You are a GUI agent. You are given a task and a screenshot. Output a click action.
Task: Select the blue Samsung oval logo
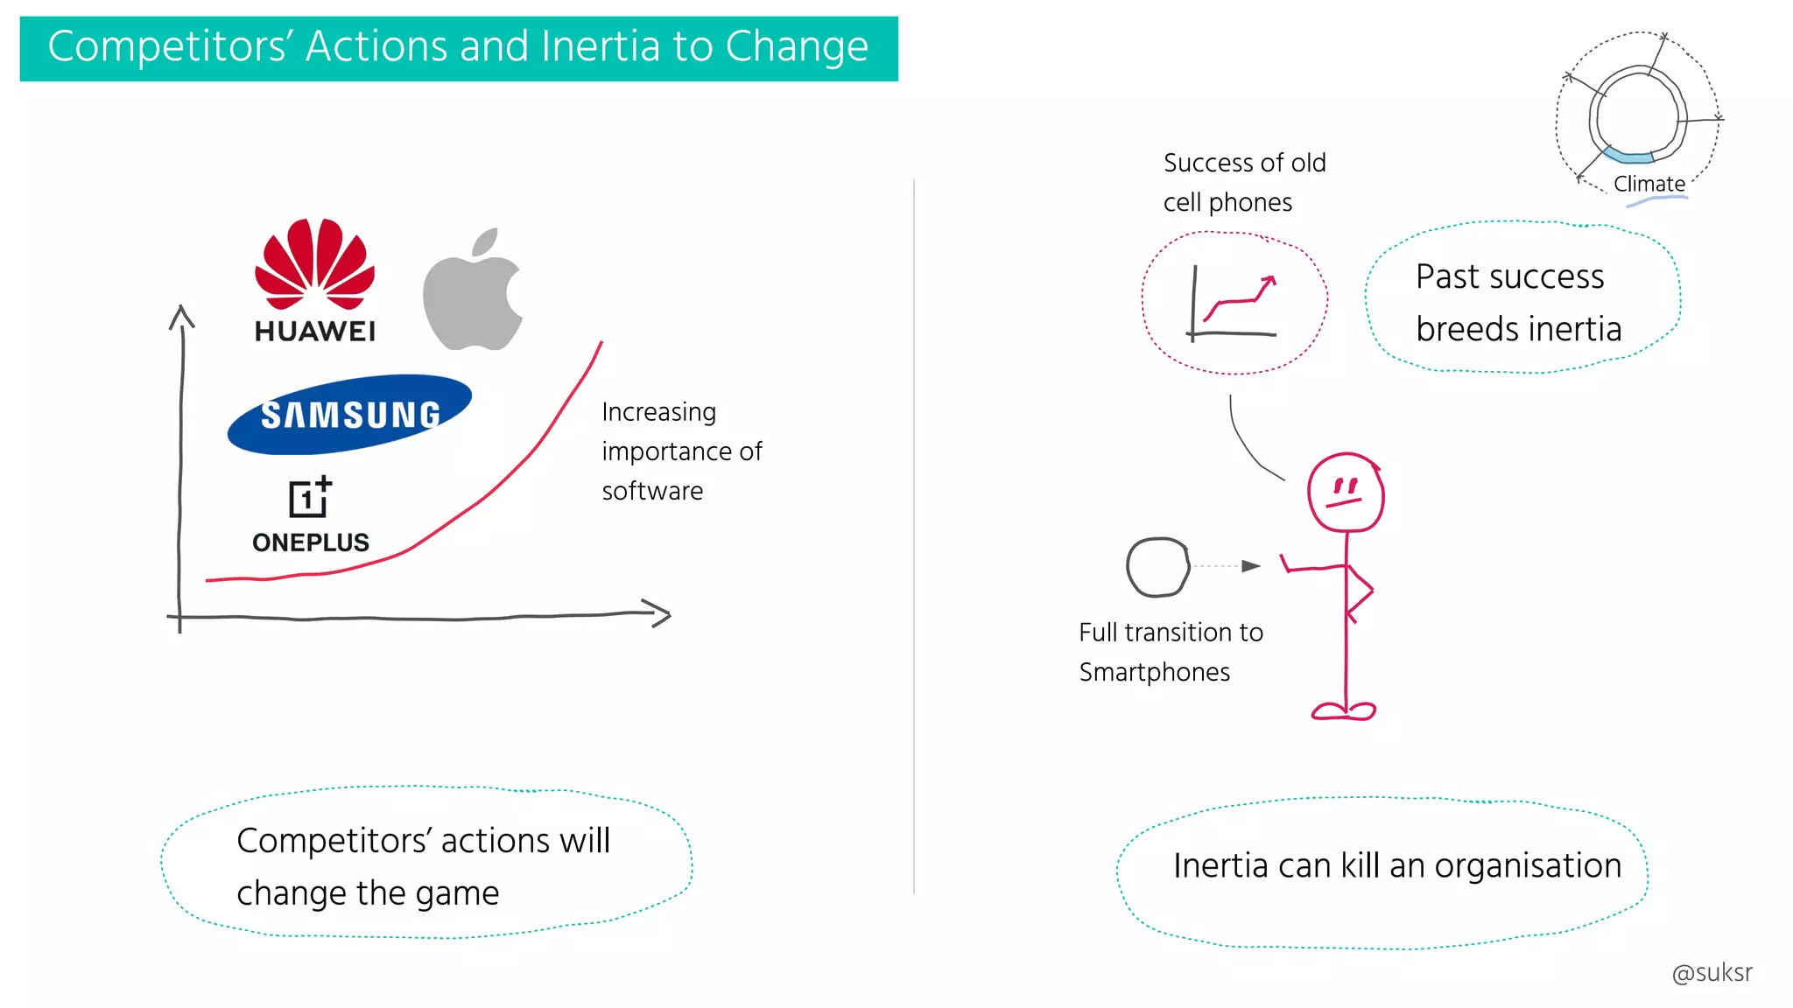349,414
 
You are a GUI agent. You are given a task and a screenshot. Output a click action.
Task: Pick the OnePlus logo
311,515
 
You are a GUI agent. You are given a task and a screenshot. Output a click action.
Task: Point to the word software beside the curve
652,491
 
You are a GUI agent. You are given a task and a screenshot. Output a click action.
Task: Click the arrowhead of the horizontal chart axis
658,612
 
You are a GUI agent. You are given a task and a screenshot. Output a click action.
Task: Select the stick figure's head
1346,492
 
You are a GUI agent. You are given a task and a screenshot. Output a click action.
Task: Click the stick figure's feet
1344,711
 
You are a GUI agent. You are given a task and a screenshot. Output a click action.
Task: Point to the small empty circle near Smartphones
1157,567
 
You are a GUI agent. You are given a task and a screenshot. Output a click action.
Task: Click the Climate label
1649,184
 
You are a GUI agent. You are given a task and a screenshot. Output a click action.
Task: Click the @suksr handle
1712,972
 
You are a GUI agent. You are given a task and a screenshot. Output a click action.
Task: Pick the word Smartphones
1154,672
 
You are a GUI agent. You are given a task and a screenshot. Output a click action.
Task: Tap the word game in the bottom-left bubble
457,893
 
